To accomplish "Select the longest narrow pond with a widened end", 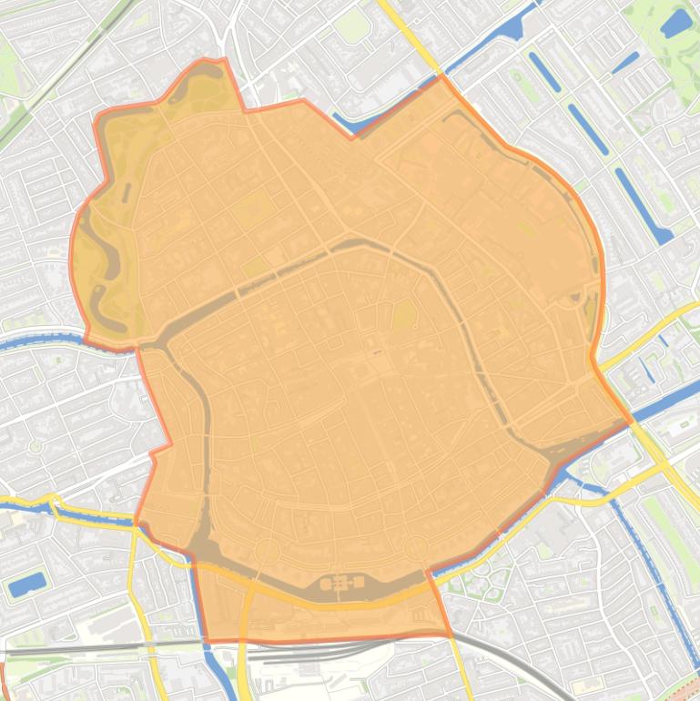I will tap(643, 205).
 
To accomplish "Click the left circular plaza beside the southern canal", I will tap(267, 551).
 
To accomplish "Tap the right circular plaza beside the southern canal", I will tap(416, 548).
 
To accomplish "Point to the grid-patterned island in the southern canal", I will tap(342, 583).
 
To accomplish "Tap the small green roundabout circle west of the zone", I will tap(36, 447).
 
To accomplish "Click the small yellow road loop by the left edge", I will tap(51, 503).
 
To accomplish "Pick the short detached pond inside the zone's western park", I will tap(127, 192).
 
